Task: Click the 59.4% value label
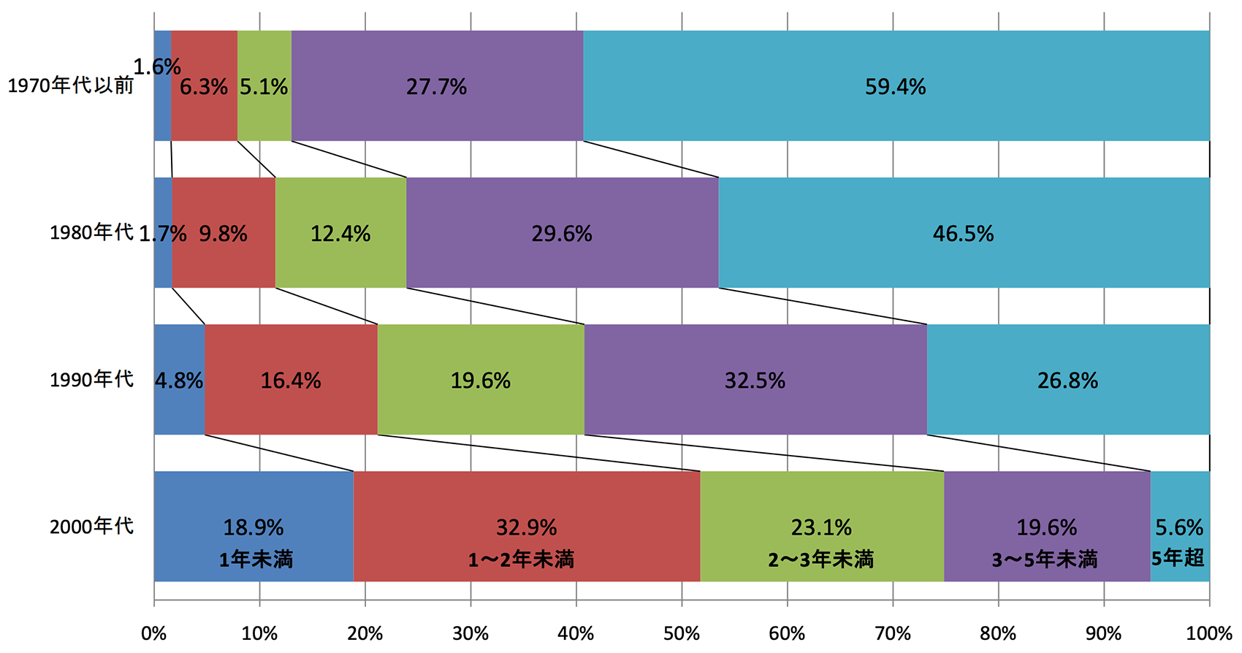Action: [895, 87]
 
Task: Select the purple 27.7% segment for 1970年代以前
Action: [437, 110]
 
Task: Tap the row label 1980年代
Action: [91, 233]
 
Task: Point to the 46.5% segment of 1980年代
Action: [964, 256]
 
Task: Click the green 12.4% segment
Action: [340, 256]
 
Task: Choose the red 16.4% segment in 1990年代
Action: [291, 402]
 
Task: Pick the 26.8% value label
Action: [1067, 381]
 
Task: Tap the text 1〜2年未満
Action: [521, 560]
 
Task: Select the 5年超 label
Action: [1178, 558]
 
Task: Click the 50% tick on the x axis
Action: [682, 633]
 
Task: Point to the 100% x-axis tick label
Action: [1209, 633]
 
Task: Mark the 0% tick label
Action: [154, 633]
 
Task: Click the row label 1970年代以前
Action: [71, 85]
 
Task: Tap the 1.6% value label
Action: [156, 67]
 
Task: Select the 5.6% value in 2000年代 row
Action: [1179, 527]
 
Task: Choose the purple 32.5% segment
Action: [755, 402]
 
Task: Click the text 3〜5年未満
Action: [1045, 560]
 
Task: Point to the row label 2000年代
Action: [91, 526]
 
